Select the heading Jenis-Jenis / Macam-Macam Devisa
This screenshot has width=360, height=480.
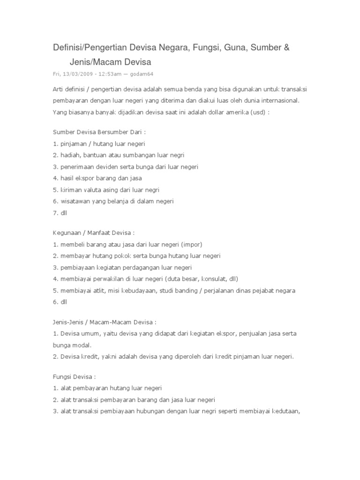coord(103,322)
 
